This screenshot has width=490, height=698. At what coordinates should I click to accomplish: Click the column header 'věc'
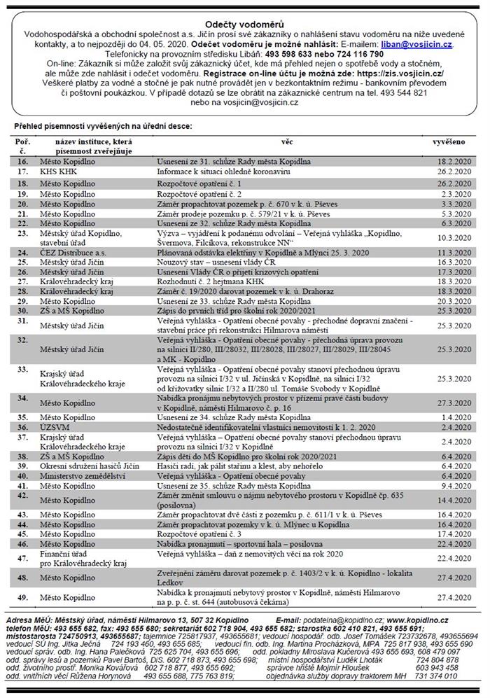click(x=287, y=141)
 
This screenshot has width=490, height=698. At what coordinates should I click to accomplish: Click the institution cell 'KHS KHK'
click(x=55, y=171)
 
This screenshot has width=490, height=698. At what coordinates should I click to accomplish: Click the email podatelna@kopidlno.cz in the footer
click(x=342, y=620)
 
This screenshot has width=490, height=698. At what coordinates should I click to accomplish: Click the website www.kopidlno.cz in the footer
click(x=417, y=620)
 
